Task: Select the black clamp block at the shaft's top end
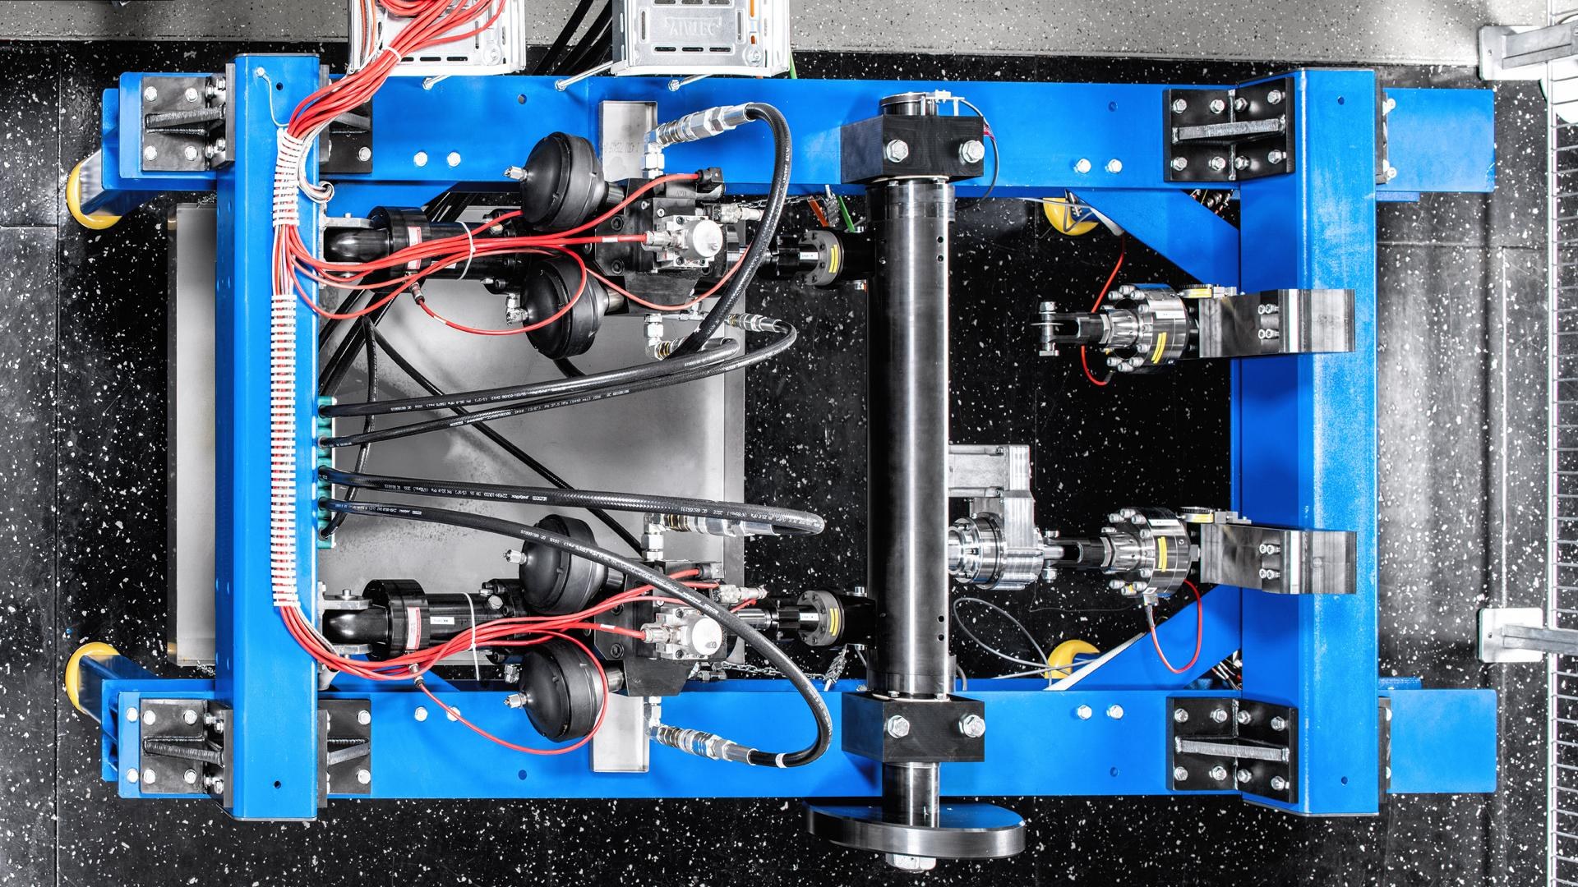click(911, 147)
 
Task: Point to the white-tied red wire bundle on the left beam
click(287, 411)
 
